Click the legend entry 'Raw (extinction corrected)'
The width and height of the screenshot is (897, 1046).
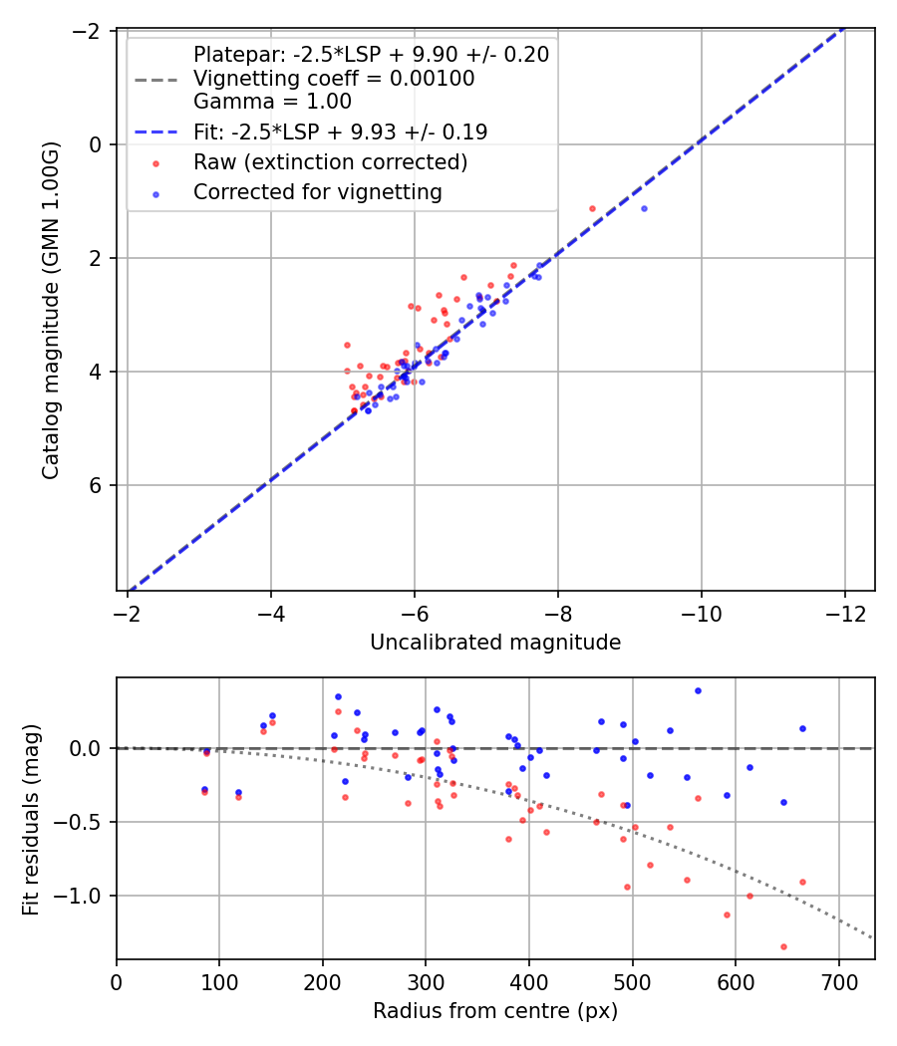click(330, 162)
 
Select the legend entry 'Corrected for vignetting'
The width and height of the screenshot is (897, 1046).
click(317, 192)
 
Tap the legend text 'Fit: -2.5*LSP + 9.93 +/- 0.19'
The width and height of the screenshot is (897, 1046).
click(340, 131)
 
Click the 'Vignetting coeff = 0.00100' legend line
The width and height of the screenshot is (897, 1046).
click(333, 78)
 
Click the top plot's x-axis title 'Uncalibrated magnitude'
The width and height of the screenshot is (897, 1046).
click(495, 643)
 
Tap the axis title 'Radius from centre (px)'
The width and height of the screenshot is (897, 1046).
click(495, 1011)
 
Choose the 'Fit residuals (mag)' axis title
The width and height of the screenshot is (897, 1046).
click(31, 819)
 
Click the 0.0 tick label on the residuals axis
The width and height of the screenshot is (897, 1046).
click(88, 748)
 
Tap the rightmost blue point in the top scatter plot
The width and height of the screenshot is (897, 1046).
click(644, 208)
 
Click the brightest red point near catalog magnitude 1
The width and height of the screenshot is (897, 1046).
click(592, 208)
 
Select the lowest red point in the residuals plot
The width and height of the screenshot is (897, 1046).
click(783, 946)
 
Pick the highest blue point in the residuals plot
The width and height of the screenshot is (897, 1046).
click(698, 690)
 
